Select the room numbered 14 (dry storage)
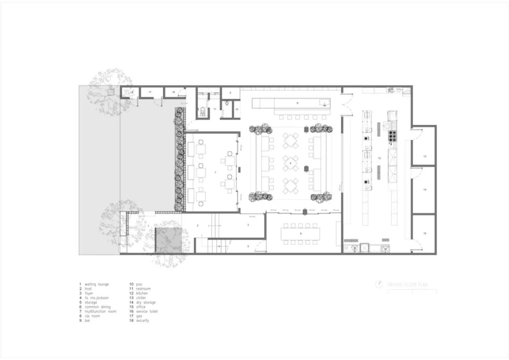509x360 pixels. point(424,189)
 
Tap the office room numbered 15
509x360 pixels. point(424,233)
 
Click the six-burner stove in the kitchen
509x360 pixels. point(392,136)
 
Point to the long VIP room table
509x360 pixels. point(300,233)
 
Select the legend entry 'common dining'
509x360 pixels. point(98,307)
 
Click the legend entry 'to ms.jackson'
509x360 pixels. point(97,298)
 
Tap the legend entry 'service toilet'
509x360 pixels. point(147,311)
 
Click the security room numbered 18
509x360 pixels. point(173,92)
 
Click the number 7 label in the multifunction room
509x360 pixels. point(215,173)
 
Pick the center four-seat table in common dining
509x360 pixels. point(291,163)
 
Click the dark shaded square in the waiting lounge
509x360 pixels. point(169,240)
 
